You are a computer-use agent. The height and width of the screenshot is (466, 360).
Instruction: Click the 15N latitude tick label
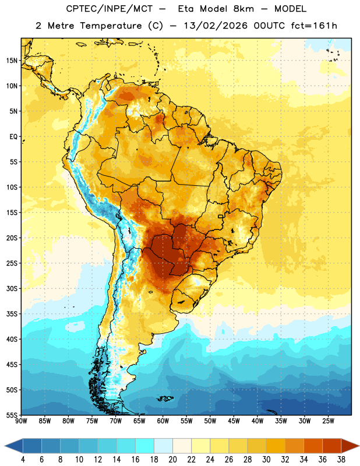12,61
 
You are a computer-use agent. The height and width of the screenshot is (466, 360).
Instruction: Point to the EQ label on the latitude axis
13,137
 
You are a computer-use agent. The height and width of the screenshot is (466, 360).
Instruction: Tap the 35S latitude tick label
12,314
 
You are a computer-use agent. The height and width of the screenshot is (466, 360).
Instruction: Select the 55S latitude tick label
12,415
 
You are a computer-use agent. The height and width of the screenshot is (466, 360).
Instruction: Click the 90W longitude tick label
21,421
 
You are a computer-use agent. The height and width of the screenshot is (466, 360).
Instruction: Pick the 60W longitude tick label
163,421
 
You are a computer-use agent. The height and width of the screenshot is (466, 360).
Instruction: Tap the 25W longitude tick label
328,421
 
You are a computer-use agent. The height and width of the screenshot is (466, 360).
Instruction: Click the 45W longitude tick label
234,421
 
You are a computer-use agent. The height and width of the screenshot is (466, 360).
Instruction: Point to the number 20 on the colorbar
172,460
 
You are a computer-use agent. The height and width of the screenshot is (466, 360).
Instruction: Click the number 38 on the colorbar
341,460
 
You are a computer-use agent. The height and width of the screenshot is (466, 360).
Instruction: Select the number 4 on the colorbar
23,460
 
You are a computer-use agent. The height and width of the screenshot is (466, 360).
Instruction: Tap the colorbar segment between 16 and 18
145,446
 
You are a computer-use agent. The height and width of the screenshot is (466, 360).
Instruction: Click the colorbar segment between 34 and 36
313,446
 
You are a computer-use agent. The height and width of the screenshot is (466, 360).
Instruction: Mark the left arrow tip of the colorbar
5,446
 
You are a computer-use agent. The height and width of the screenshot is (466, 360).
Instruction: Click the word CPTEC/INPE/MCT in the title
109,9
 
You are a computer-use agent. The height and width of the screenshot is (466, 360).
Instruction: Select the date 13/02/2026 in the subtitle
216,26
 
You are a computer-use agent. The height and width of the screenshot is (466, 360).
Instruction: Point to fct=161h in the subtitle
314,26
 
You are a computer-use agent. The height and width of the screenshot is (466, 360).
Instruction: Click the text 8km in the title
243,9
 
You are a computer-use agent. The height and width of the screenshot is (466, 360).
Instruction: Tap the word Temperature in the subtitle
111,26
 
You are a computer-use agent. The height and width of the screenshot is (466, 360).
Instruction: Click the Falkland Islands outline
165,398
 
